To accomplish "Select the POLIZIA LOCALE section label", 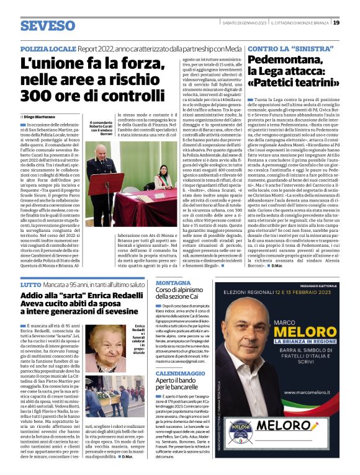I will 48,48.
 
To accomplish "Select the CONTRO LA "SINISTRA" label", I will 279,48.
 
